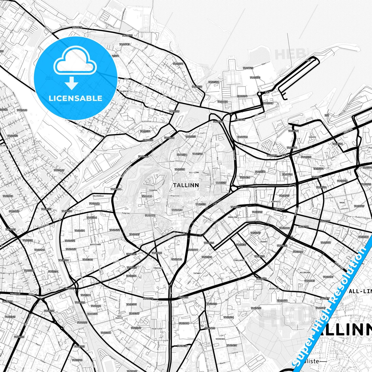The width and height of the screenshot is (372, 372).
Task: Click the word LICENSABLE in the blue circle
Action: [75, 98]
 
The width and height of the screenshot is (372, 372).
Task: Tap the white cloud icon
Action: [75, 63]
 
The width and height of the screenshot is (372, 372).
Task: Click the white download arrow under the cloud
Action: [72, 83]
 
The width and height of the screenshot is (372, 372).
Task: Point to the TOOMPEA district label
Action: [153, 190]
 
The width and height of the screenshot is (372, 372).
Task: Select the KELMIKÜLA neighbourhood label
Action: [98, 196]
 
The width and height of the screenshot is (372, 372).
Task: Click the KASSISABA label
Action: [96, 244]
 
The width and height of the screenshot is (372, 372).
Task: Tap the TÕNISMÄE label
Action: [158, 268]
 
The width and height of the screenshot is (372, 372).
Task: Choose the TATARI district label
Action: [197, 273]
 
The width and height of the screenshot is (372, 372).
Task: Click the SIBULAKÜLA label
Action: [239, 260]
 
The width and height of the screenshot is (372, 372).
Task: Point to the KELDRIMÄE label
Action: [305, 272]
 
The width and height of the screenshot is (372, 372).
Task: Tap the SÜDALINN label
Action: [232, 217]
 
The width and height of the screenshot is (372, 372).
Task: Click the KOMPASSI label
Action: [276, 201]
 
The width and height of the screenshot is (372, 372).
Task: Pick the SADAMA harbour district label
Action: [312, 137]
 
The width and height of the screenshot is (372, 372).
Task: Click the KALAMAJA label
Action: [124, 91]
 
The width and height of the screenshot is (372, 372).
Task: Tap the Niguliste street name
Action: [175, 196]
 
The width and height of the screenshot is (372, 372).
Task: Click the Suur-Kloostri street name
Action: [176, 161]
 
